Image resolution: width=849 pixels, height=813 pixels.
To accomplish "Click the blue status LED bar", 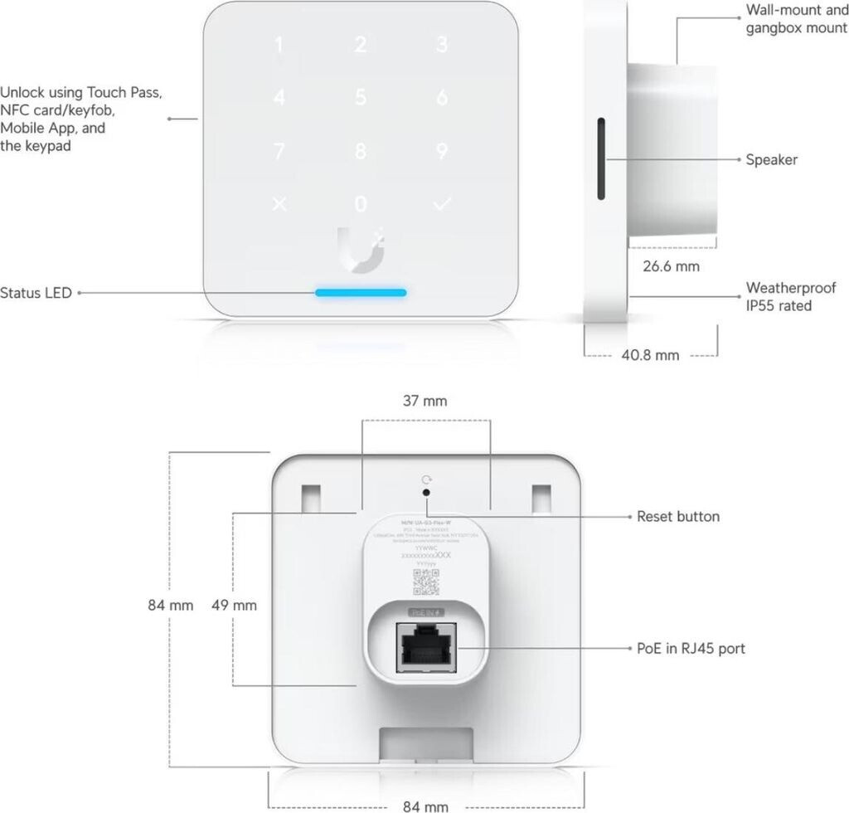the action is (x=360, y=293).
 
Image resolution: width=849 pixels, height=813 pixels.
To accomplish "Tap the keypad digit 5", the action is (x=360, y=98).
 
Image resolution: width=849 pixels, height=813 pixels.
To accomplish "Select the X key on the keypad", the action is (x=279, y=204).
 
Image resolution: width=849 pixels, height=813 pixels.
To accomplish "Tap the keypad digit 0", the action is (x=360, y=204).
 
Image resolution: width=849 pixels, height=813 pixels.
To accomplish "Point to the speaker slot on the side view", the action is (x=599, y=158).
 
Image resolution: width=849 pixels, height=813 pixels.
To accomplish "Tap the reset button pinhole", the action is (x=426, y=492).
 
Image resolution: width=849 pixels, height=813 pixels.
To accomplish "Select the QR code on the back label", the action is (x=425, y=583).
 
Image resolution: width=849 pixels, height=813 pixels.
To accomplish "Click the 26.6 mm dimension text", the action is (x=672, y=266).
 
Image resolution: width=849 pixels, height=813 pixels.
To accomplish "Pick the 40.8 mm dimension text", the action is (x=651, y=355).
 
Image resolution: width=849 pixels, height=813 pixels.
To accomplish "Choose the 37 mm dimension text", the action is (x=425, y=402).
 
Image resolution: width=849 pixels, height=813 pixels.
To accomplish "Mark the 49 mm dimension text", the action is (x=234, y=605).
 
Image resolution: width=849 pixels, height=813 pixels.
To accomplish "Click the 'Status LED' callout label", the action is (x=36, y=293).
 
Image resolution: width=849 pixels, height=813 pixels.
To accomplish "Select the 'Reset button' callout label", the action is (x=677, y=516).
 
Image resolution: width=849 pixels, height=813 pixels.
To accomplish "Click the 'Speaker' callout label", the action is (x=771, y=159).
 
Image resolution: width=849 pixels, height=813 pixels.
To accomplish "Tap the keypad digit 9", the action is (x=442, y=152).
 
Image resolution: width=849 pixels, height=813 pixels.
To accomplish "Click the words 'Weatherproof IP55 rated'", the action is (x=790, y=296).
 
